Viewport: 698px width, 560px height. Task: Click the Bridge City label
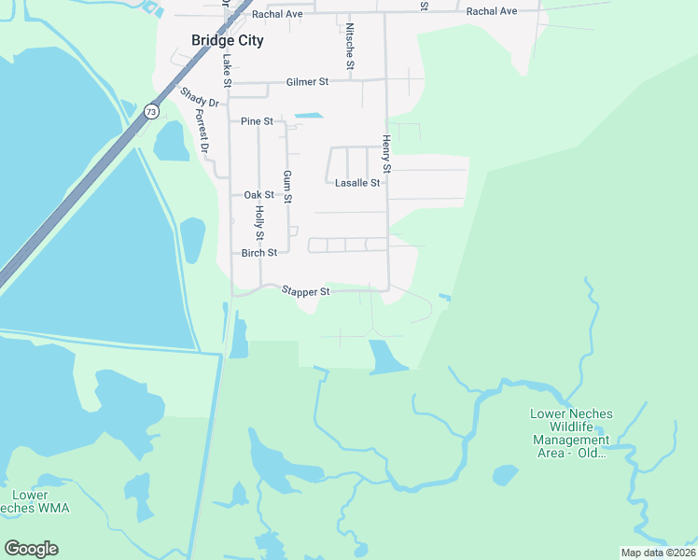point(227,40)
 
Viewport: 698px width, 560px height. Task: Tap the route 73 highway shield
point(151,111)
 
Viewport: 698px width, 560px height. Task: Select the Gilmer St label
point(308,82)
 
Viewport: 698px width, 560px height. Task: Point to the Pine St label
point(257,121)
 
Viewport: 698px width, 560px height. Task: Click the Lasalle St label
point(357,183)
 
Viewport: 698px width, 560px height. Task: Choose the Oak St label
point(258,195)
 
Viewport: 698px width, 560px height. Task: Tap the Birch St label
point(259,253)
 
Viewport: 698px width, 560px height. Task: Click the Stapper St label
point(306,291)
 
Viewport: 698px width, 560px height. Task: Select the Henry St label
point(386,154)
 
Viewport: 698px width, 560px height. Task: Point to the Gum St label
point(287,188)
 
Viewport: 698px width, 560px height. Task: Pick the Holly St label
point(259,223)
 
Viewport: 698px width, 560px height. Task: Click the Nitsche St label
point(350,47)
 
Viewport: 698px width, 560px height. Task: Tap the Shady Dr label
point(198,97)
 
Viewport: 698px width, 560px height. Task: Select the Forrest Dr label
point(202,132)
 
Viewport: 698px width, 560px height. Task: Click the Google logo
point(31,549)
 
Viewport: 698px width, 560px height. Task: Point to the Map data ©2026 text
point(658,553)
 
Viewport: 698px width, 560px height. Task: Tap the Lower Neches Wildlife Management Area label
point(570,433)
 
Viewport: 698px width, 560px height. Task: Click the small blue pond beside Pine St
point(308,116)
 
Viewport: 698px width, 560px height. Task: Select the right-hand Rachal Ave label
point(491,11)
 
